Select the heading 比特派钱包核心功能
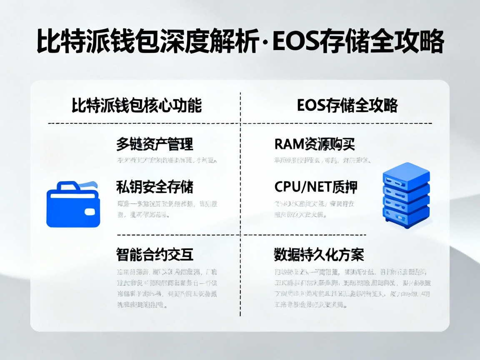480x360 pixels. (x=137, y=105)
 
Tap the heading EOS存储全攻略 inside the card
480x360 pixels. (x=347, y=105)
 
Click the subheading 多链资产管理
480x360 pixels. (x=155, y=144)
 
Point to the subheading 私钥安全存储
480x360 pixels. (x=155, y=187)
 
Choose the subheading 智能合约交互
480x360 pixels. (x=155, y=254)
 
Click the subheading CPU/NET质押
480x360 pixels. (x=316, y=187)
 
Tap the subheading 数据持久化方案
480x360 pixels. (x=319, y=254)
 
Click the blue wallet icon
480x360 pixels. (x=73, y=205)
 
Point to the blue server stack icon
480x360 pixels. (x=406, y=195)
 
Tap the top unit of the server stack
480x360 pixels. (x=406, y=172)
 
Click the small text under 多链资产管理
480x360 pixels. (x=167, y=160)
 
